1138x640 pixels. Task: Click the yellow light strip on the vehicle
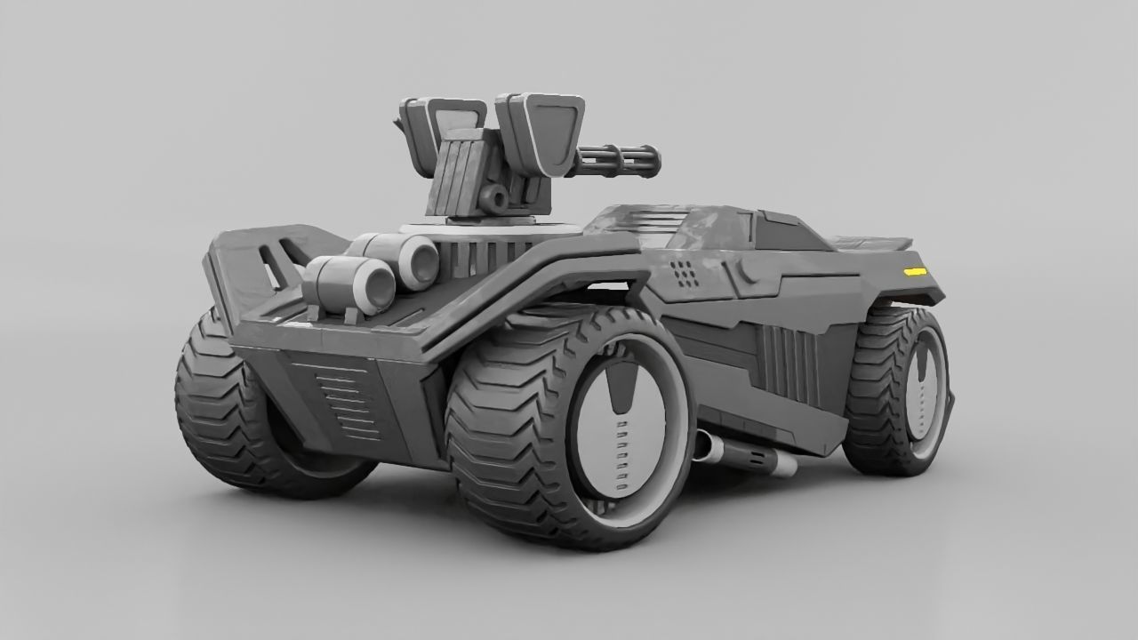tap(914, 270)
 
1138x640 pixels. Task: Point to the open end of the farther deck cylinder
tap(421, 259)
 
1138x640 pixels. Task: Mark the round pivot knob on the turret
tap(490, 196)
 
